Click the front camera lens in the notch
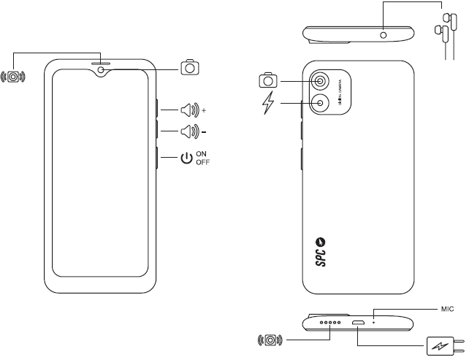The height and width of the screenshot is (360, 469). click(99, 71)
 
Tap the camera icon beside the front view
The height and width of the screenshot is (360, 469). click(190, 68)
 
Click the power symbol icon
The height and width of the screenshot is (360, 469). click(188, 158)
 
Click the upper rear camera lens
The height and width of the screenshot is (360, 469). click(321, 81)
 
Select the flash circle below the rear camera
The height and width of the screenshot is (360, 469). click(321, 104)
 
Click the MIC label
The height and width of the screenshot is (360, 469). click(446, 309)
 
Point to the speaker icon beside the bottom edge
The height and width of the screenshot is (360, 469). click(270, 340)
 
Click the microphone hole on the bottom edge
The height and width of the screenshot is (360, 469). click(374, 320)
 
